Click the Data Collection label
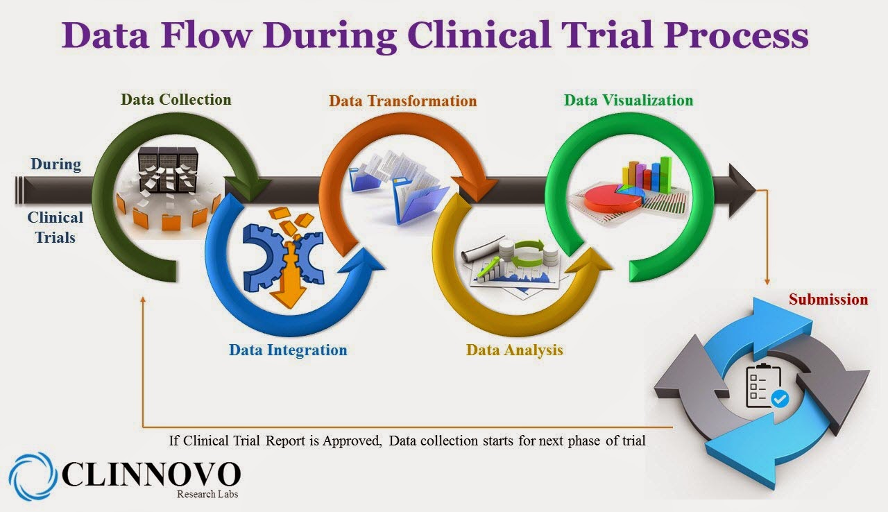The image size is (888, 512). [176, 99]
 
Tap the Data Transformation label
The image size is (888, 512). [402, 101]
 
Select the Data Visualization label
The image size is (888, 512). [628, 100]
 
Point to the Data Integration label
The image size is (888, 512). [288, 350]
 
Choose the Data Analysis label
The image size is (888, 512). [514, 350]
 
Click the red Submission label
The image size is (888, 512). [828, 299]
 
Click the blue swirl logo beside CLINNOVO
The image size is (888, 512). [33, 477]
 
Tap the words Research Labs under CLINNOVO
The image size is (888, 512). [207, 494]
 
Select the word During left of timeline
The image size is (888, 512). [55, 164]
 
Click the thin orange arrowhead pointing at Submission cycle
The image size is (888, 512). [767, 282]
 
